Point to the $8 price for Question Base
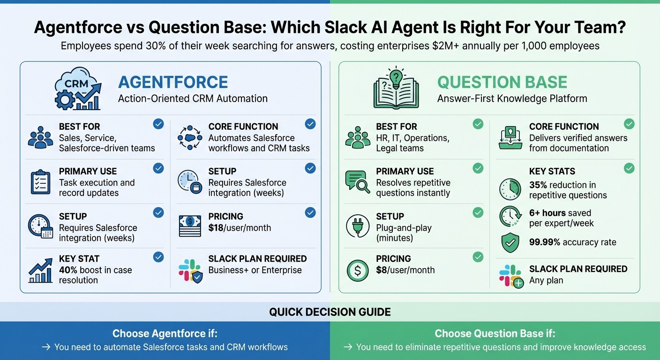(383, 270)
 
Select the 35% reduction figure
(538, 185)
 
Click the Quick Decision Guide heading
(330, 312)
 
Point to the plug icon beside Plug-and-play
(357, 227)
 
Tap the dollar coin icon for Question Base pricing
(357, 270)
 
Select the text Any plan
(546, 280)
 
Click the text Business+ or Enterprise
(255, 270)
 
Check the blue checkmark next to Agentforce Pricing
(310, 213)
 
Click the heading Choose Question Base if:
(495, 334)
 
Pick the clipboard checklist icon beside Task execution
(40, 182)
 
